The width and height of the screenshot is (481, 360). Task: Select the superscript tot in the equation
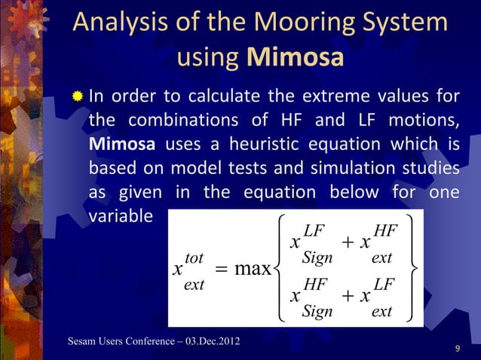pyautogui.click(x=195, y=258)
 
